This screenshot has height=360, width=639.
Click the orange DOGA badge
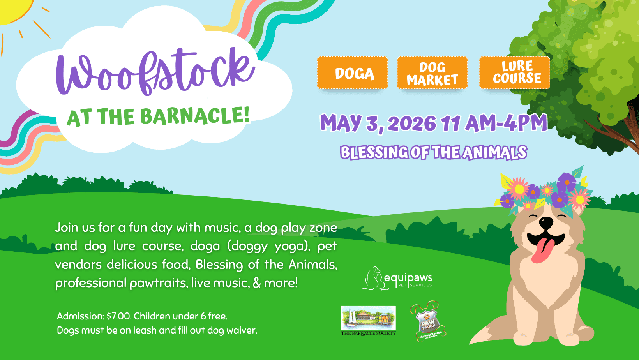pos(353,73)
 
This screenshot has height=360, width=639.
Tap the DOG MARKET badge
pos(432,73)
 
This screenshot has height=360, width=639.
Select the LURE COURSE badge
pos(515,72)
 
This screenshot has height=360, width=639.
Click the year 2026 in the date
pos(412,124)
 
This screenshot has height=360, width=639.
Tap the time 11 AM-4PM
pos(494,123)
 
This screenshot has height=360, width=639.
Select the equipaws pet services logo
pos(397,279)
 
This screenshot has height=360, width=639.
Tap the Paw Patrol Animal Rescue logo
pos(428,322)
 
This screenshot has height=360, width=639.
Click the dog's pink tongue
pos(543,251)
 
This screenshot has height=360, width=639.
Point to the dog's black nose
pos(545,222)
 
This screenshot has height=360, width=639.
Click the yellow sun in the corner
pos(12,10)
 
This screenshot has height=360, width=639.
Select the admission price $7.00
pos(119,316)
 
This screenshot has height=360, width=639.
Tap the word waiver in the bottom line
pos(242,330)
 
